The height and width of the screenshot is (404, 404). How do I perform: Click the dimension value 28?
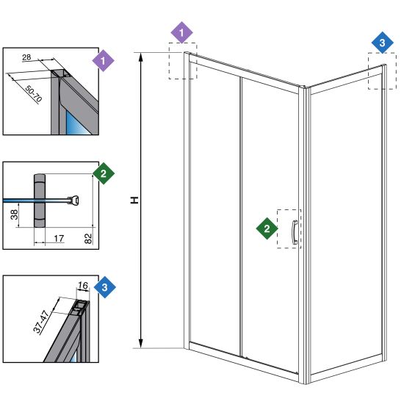click(x=26, y=57)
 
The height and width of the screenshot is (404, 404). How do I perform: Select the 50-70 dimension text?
click(x=34, y=93)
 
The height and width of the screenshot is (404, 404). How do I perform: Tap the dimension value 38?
click(x=15, y=214)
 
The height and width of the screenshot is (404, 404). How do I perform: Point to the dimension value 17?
click(x=59, y=239)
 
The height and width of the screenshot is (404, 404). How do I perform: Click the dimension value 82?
click(x=88, y=238)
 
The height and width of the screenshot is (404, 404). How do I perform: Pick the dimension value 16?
click(x=83, y=285)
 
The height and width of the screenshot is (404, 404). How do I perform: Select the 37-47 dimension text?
click(x=41, y=322)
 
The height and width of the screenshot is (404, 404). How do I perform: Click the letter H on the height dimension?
click(x=134, y=200)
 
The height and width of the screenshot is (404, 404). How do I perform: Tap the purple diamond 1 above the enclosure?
click(x=182, y=33)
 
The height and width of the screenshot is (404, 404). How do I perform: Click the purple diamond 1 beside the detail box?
click(x=103, y=61)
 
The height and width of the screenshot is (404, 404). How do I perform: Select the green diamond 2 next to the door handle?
click(x=267, y=228)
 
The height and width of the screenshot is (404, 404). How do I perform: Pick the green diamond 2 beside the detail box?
click(x=104, y=173)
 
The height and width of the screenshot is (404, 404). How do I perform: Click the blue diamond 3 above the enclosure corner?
click(x=383, y=43)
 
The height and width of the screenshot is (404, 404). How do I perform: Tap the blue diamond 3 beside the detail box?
click(x=104, y=287)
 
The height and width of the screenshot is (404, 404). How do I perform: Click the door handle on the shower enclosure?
click(x=295, y=232)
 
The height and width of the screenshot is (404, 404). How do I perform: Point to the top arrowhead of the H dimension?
click(x=141, y=57)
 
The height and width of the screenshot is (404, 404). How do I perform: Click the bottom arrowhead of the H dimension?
click(x=141, y=344)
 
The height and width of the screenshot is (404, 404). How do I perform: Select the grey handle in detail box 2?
click(x=40, y=201)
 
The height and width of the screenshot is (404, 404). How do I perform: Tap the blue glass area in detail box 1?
click(x=76, y=123)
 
